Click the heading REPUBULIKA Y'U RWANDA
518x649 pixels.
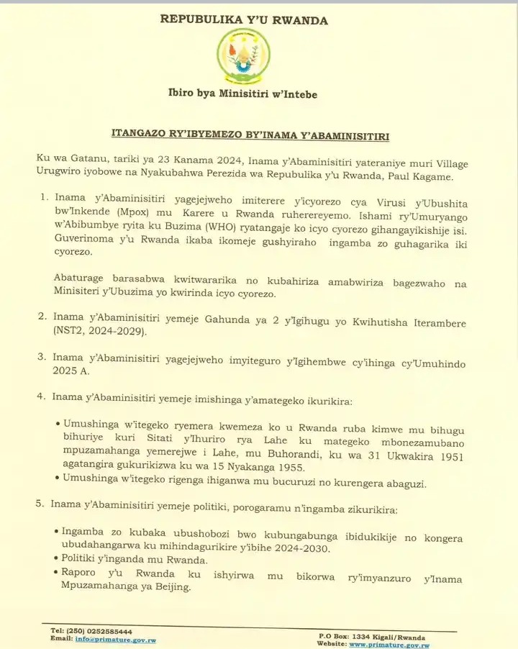click(x=244, y=20)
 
